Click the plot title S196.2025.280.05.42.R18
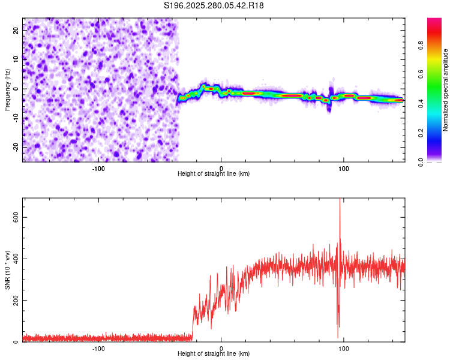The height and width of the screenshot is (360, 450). click(214, 5)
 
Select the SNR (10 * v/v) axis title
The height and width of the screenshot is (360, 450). click(7, 270)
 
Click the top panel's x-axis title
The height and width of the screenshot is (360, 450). click(214, 173)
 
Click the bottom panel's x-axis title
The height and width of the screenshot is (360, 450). click(214, 354)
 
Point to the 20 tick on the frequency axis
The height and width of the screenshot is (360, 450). click(16, 29)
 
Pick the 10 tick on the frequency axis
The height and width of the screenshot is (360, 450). click(16, 59)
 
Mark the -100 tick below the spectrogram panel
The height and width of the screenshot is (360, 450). click(98, 167)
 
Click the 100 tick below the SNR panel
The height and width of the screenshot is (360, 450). click(344, 348)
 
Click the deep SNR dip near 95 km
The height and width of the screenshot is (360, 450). click(338, 337)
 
